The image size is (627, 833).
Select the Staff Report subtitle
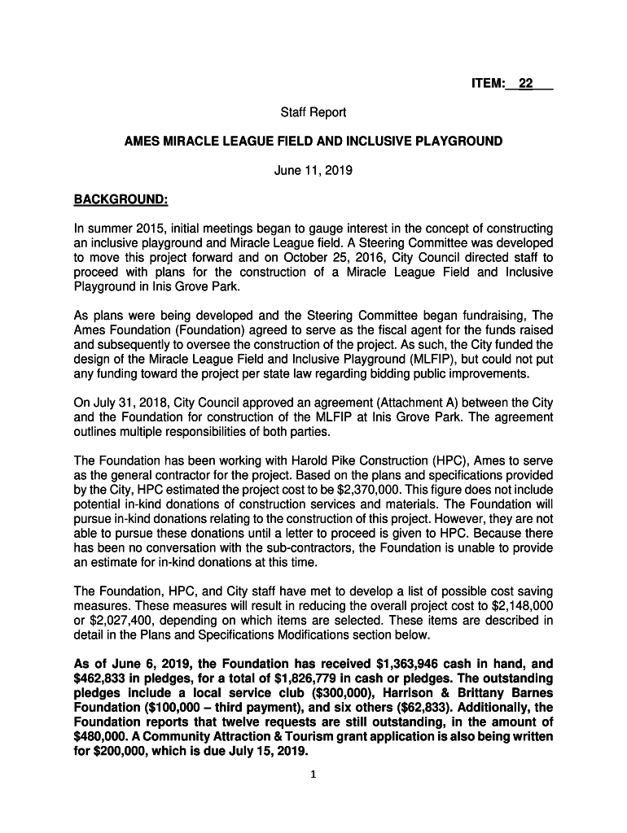(x=313, y=112)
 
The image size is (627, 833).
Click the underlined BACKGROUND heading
(x=120, y=198)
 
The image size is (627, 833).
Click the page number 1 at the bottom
(x=313, y=774)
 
